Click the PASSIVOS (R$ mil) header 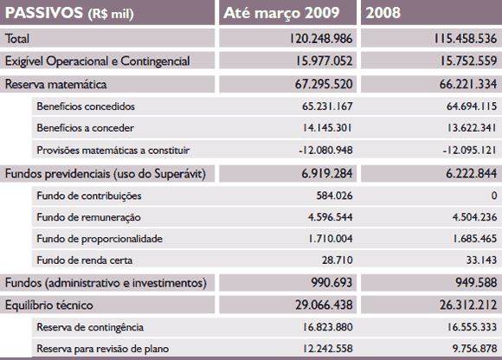[x=69, y=14]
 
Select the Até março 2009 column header [x=281, y=13]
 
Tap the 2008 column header [x=383, y=13]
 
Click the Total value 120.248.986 [x=321, y=39]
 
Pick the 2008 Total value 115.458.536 [x=465, y=39]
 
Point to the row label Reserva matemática [x=55, y=85]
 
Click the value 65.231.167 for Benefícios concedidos [x=327, y=106]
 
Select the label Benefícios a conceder [x=85, y=128]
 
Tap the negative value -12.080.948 [x=325, y=150]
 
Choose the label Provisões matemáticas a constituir [x=113, y=151]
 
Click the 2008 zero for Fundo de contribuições [x=494, y=196]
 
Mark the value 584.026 [x=334, y=196]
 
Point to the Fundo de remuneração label [x=88, y=217]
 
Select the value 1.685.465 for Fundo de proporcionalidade [x=474, y=239]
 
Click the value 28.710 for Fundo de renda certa [x=338, y=260]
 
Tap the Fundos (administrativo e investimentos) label [x=106, y=283]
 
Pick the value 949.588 [x=476, y=283]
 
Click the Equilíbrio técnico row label [x=49, y=305]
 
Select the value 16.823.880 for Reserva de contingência [x=327, y=327]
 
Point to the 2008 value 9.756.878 [x=474, y=349]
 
